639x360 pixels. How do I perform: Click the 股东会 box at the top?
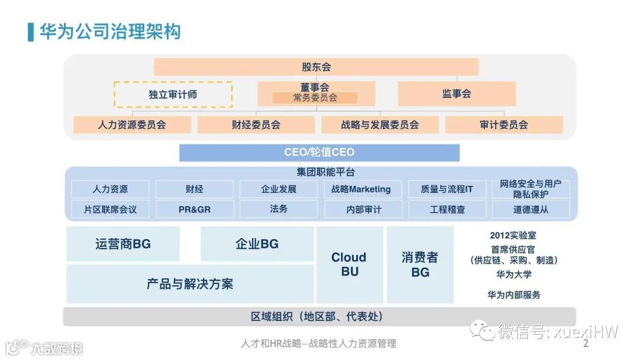click(316, 67)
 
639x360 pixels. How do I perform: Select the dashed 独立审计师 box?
click(173, 95)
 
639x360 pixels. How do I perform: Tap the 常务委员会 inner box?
click(315, 98)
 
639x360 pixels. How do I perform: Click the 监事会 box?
click(456, 94)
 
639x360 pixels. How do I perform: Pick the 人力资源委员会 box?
click(132, 125)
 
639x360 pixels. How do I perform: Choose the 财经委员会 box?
click(256, 125)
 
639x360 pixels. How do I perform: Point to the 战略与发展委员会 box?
click(380, 125)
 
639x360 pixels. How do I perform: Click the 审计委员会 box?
click(504, 125)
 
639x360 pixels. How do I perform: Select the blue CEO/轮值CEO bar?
click(319, 153)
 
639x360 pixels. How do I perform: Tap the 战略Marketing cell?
click(363, 189)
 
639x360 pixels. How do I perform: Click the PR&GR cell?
click(195, 210)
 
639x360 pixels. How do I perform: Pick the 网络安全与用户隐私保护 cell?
click(531, 189)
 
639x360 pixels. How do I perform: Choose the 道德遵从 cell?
click(531, 210)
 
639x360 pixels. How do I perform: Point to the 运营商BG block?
click(122, 244)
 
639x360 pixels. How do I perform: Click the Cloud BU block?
click(349, 265)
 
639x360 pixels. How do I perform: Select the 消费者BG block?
click(420, 265)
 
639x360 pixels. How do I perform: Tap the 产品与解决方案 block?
click(190, 284)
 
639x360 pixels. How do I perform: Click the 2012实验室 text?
click(514, 235)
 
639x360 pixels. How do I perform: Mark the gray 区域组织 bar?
click(319, 317)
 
